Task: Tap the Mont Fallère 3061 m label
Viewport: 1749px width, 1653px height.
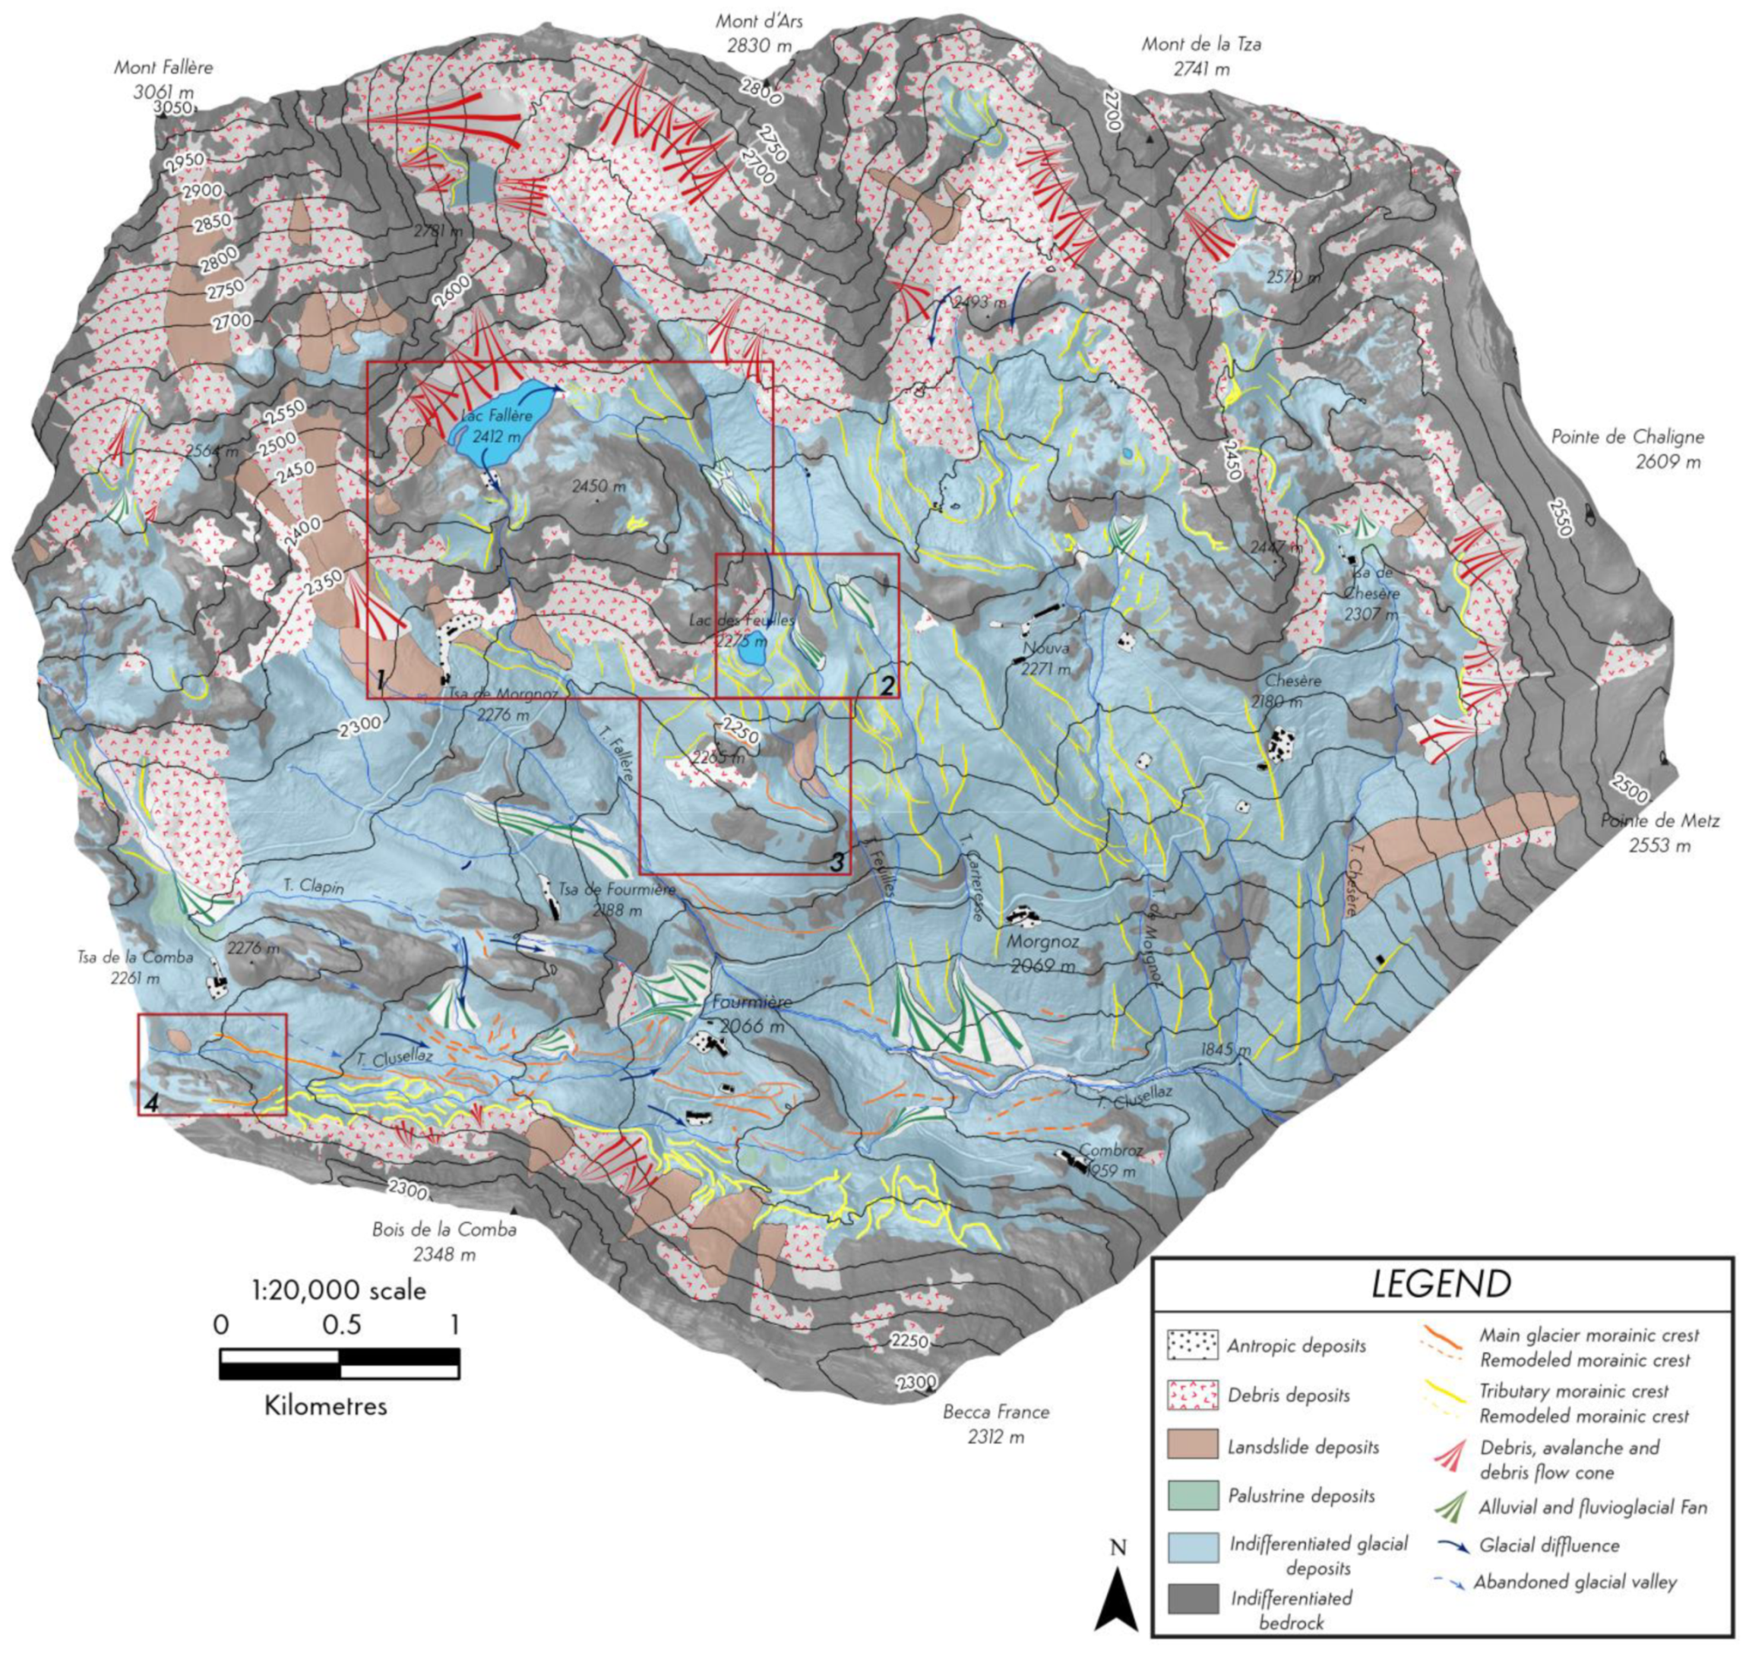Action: coord(163,78)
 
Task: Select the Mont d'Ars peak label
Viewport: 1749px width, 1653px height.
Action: coord(760,33)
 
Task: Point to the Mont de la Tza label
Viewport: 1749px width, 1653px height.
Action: coord(1201,55)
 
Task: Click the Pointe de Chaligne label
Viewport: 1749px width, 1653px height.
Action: coord(1627,448)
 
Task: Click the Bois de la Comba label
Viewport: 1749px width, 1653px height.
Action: coord(444,1241)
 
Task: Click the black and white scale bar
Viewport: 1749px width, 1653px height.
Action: coord(339,1363)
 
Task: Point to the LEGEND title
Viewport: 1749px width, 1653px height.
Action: coord(1441,1284)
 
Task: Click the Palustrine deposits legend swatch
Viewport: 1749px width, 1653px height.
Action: coord(1193,1495)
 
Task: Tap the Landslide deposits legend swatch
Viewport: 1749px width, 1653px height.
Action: coord(1193,1445)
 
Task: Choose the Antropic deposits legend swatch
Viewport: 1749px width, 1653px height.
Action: coord(1193,1345)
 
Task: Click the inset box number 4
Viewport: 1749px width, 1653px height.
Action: coord(150,1102)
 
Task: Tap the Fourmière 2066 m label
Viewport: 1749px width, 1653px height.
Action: coord(751,1014)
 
